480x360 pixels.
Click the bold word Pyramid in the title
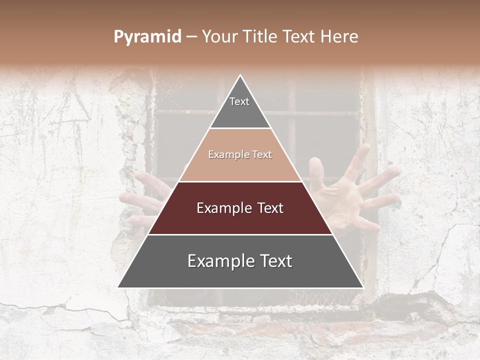147,37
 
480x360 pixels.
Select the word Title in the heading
259,37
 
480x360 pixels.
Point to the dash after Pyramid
191,37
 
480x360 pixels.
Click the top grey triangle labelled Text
240,107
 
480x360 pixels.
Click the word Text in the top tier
239,101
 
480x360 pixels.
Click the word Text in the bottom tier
273,261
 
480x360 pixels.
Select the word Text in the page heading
300,37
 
